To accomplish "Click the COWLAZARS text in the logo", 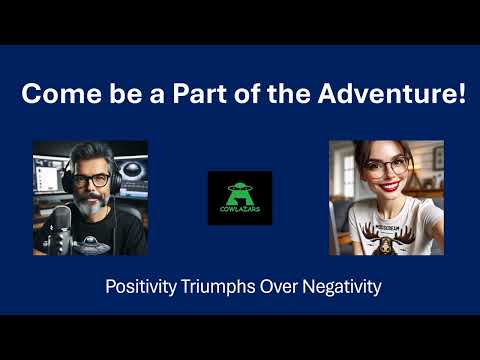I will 240,211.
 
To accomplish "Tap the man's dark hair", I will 90,155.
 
